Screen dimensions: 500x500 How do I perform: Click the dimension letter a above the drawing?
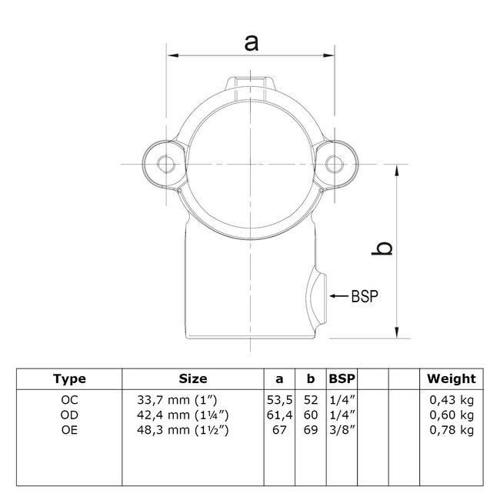pyautogui.click(x=252, y=43)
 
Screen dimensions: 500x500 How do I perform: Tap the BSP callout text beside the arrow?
pyautogui.click(x=365, y=296)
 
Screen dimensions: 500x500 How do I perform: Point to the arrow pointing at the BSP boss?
pyautogui.click(x=338, y=296)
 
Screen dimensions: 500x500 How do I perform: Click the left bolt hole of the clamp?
pyautogui.click(x=166, y=164)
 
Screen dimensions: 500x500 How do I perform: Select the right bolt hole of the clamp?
pyautogui.click(x=334, y=164)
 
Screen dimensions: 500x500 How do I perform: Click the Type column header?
pyautogui.click(x=69, y=378)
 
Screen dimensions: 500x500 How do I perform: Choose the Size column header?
pyautogui.click(x=193, y=378)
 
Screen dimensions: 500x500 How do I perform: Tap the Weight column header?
pyautogui.click(x=452, y=378)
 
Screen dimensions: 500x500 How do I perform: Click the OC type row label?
pyautogui.click(x=69, y=400)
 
